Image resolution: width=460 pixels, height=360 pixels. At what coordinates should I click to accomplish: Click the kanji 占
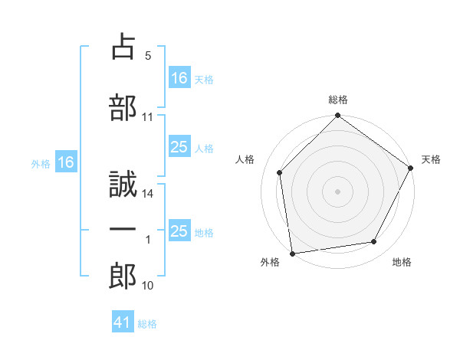pos(123,48)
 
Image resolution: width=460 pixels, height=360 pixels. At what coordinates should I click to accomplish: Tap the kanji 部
pos(123,108)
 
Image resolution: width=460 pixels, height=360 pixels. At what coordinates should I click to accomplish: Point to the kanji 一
pos(123,229)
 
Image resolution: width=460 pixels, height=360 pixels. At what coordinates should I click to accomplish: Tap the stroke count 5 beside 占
pos(147,56)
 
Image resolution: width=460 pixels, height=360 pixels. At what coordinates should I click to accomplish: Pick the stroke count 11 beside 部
pos(148,117)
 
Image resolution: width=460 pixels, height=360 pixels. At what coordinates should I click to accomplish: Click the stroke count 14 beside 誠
pos(148,195)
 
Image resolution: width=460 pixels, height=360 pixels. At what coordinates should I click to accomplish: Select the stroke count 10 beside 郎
pos(148,286)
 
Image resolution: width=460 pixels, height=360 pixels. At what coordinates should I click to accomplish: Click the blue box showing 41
pos(123,323)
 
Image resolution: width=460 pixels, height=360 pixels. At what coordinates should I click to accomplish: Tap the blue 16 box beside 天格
pos(179,77)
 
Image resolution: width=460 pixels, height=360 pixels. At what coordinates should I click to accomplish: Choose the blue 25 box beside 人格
pos(179,147)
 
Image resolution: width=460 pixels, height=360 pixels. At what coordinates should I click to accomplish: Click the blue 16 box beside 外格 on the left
pos(66,162)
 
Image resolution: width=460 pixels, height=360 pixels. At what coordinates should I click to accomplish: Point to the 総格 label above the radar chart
pos(337,100)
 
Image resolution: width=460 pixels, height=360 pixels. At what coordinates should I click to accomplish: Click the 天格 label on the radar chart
pos(431,159)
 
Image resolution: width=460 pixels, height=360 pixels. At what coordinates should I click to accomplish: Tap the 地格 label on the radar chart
pos(402,263)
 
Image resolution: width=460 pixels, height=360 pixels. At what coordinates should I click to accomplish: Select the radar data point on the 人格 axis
pos(280,172)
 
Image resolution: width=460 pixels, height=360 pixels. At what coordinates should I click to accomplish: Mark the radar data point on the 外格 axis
pos(292,253)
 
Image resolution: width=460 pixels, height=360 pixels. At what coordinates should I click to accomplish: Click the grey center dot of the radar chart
pos(337,191)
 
